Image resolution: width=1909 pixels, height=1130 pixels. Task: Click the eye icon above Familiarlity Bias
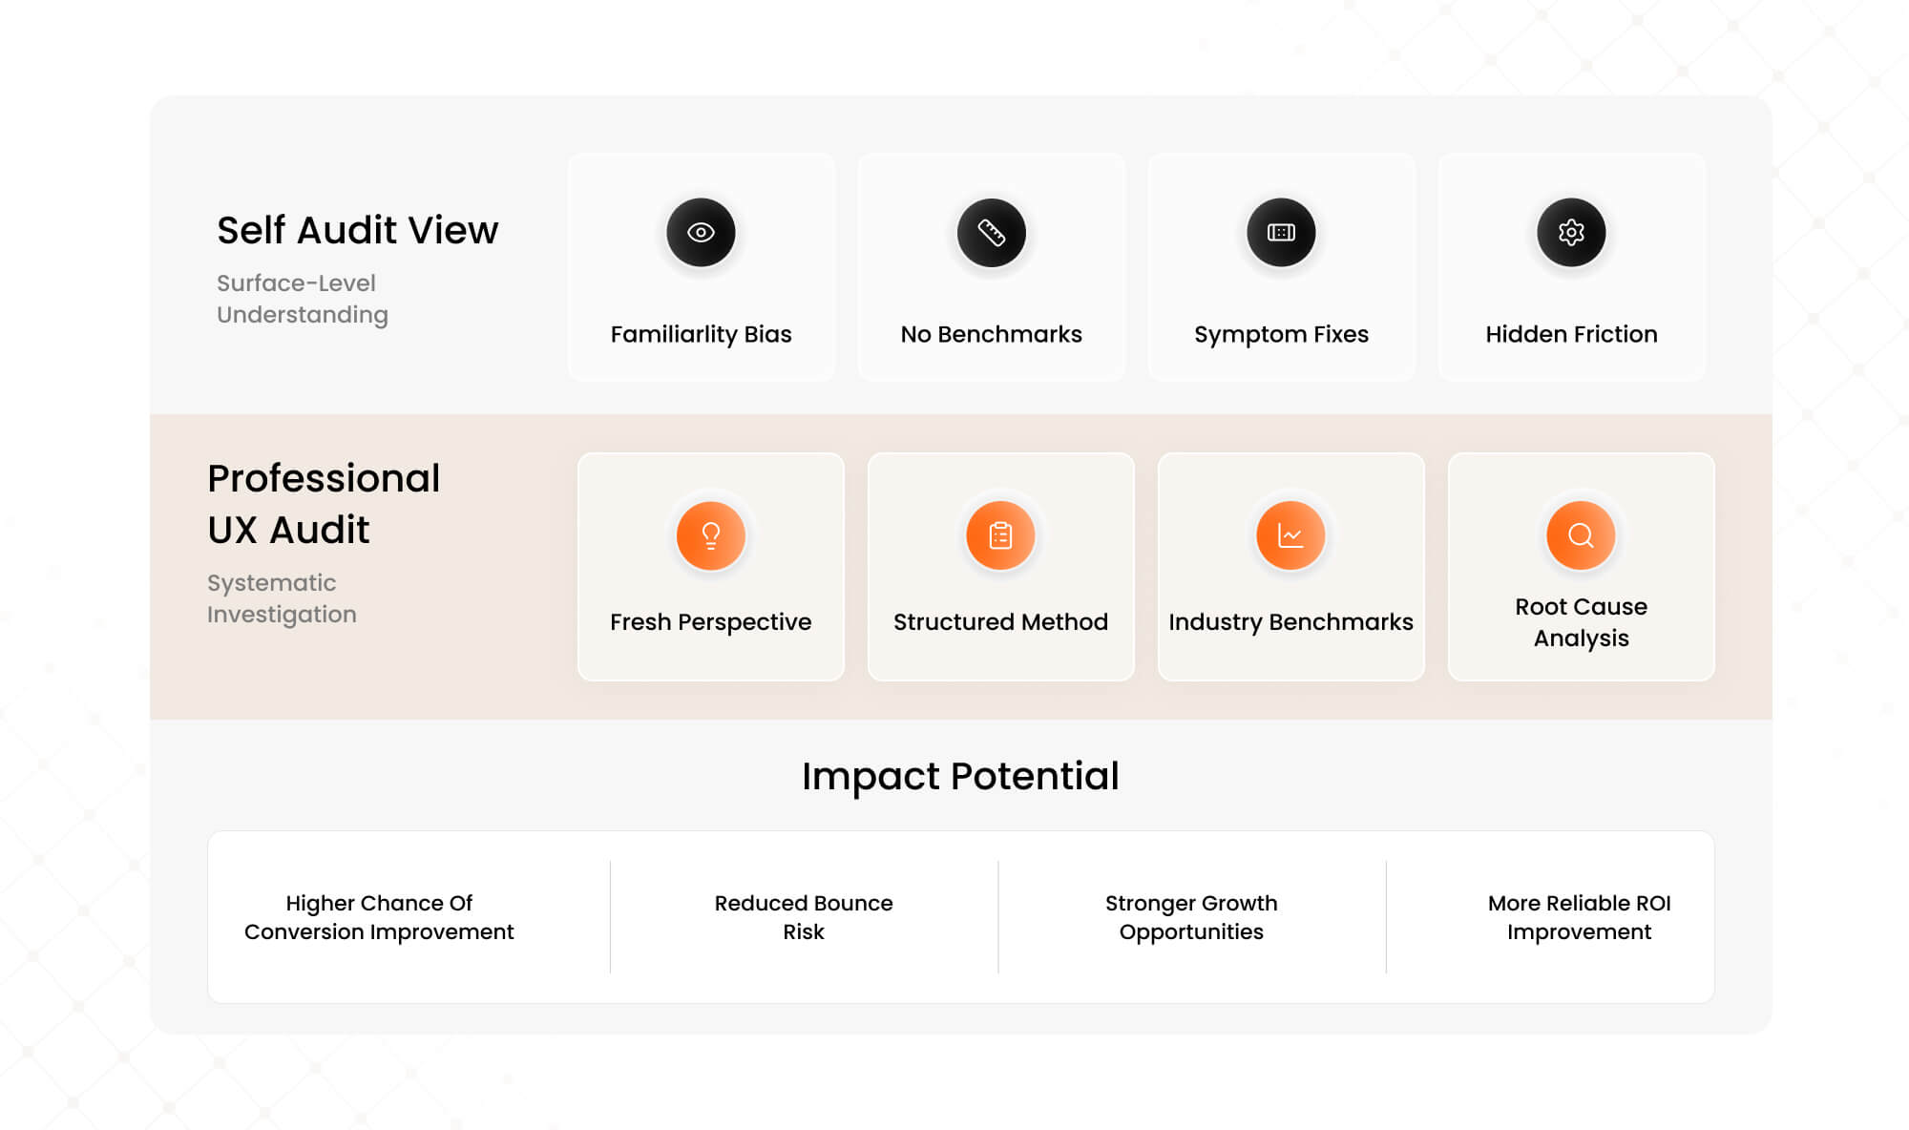click(701, 232)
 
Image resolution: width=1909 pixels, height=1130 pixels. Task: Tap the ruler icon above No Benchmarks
click(991, 232)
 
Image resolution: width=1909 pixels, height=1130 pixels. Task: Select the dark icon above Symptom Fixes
click(1281, 232)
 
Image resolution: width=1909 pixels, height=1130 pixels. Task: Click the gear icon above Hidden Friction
click(1571, 232)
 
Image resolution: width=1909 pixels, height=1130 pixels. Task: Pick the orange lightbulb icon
click(710, 535)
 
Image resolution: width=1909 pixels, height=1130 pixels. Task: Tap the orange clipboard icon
click(1000, 535)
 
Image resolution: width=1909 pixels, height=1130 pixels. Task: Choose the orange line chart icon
click(1290, 535)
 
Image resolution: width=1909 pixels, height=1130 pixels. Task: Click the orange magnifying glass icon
click(1581, 535)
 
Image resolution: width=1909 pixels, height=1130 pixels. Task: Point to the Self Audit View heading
click(357, 230)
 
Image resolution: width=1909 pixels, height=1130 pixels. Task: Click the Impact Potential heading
click(960, 776)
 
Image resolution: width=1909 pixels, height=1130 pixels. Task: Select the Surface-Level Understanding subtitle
click(302, 299)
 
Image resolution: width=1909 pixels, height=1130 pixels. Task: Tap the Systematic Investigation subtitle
click(282, 598)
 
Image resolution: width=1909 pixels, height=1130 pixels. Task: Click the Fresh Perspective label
click(710, 621)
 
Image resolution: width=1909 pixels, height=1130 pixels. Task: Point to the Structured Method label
click(1000, 621)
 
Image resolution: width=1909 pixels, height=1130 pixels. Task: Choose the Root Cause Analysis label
click(1581, 622)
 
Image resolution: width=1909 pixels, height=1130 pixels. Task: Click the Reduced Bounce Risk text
click(804, 917)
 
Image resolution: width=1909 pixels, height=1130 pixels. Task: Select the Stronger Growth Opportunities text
click(1191, 917)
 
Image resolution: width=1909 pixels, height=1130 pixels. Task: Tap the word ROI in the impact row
click(1652, 903)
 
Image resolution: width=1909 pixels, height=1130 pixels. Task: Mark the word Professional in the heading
click(324, 478)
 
